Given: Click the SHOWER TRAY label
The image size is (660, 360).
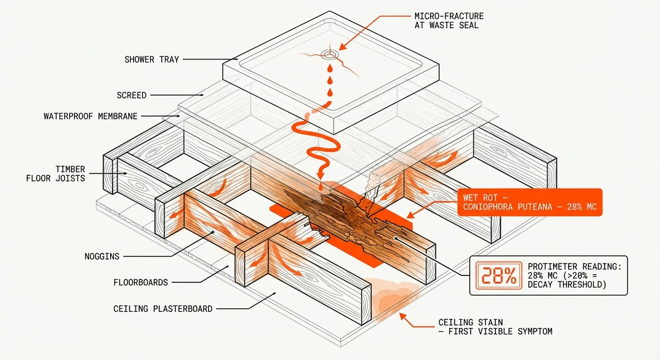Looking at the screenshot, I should click(151, 60).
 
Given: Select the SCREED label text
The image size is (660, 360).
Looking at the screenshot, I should click(131, 95).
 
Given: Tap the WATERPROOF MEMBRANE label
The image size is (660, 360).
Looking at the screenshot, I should click(90, 116).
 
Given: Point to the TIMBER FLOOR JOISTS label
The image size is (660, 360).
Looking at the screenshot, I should click(56, 173).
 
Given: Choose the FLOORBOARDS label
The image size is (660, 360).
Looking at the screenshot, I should click(141, 282).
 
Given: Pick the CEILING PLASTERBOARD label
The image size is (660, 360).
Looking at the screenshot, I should click(163, 308).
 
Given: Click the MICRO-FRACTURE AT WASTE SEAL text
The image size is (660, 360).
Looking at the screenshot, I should click(449, 21).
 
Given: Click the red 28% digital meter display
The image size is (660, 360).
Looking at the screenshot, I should click(499, 275).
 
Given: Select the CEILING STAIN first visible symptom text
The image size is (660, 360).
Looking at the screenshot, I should click(495, 327).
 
